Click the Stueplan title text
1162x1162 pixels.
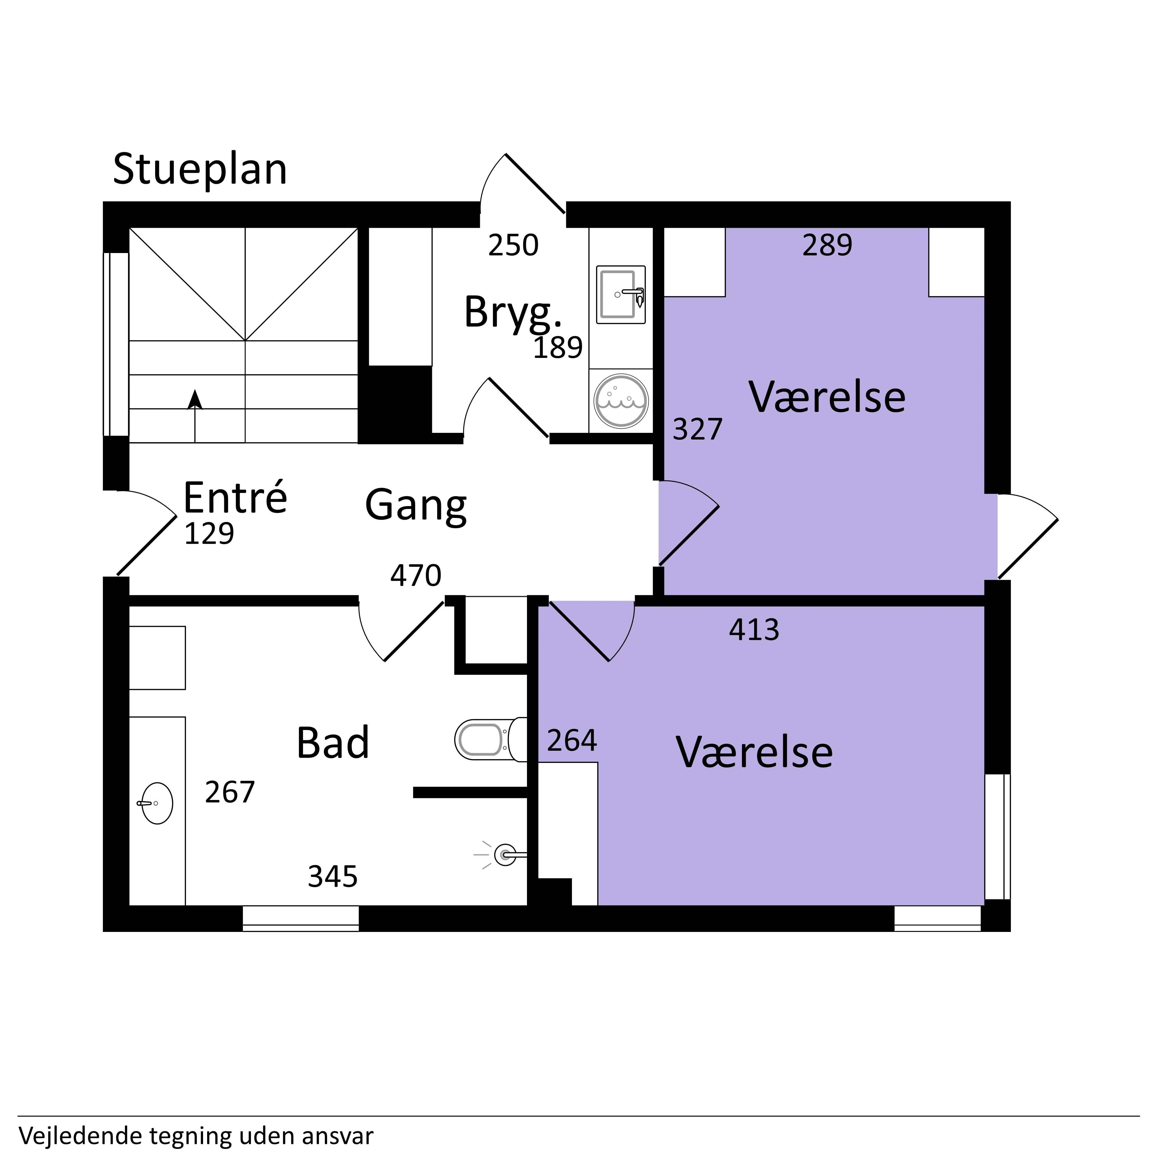point(200,170)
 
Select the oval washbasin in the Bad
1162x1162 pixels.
point(157,803)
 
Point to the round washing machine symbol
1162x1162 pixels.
point(621,401)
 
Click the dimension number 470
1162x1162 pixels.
point(416,575)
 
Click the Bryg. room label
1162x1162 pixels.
point(513,312)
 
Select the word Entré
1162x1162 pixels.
point(235,497)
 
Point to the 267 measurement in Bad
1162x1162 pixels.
point(230,792)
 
